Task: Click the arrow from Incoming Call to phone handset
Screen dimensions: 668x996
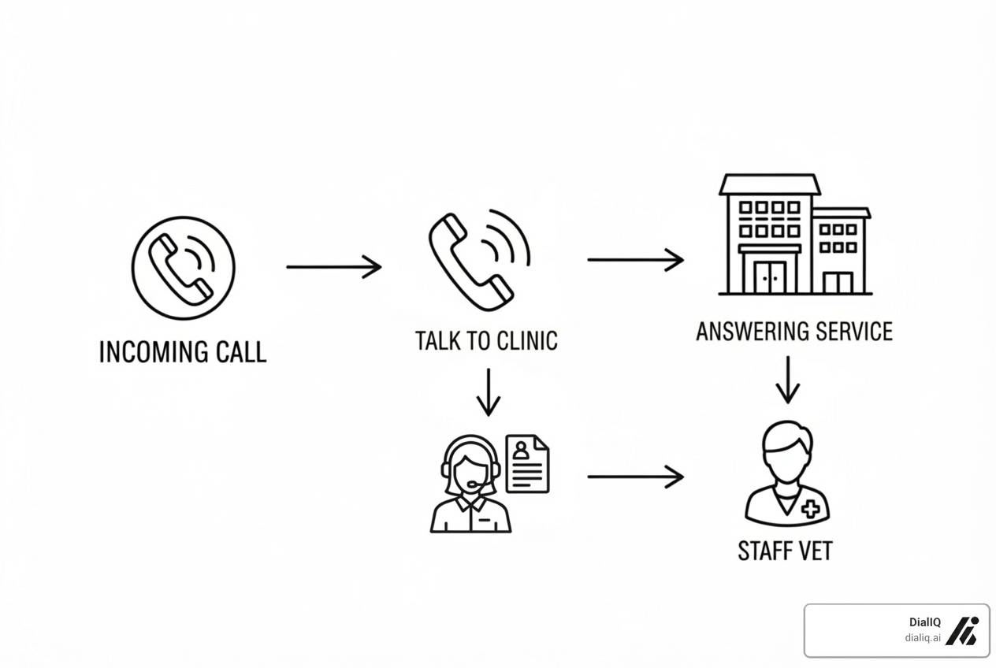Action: (333, 267)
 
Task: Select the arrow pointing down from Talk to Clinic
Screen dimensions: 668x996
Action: (489, 392)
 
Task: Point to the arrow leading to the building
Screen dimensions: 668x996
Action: (635, 259)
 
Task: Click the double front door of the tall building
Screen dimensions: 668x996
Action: (770, 276)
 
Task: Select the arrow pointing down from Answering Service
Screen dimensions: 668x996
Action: (787, 379)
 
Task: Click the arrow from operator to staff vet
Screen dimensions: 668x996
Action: (635, 477)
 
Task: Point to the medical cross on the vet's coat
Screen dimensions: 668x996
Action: (809, 510)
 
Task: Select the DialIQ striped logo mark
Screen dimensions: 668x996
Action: (961, 630)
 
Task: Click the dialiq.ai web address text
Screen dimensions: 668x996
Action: (923, 638)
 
